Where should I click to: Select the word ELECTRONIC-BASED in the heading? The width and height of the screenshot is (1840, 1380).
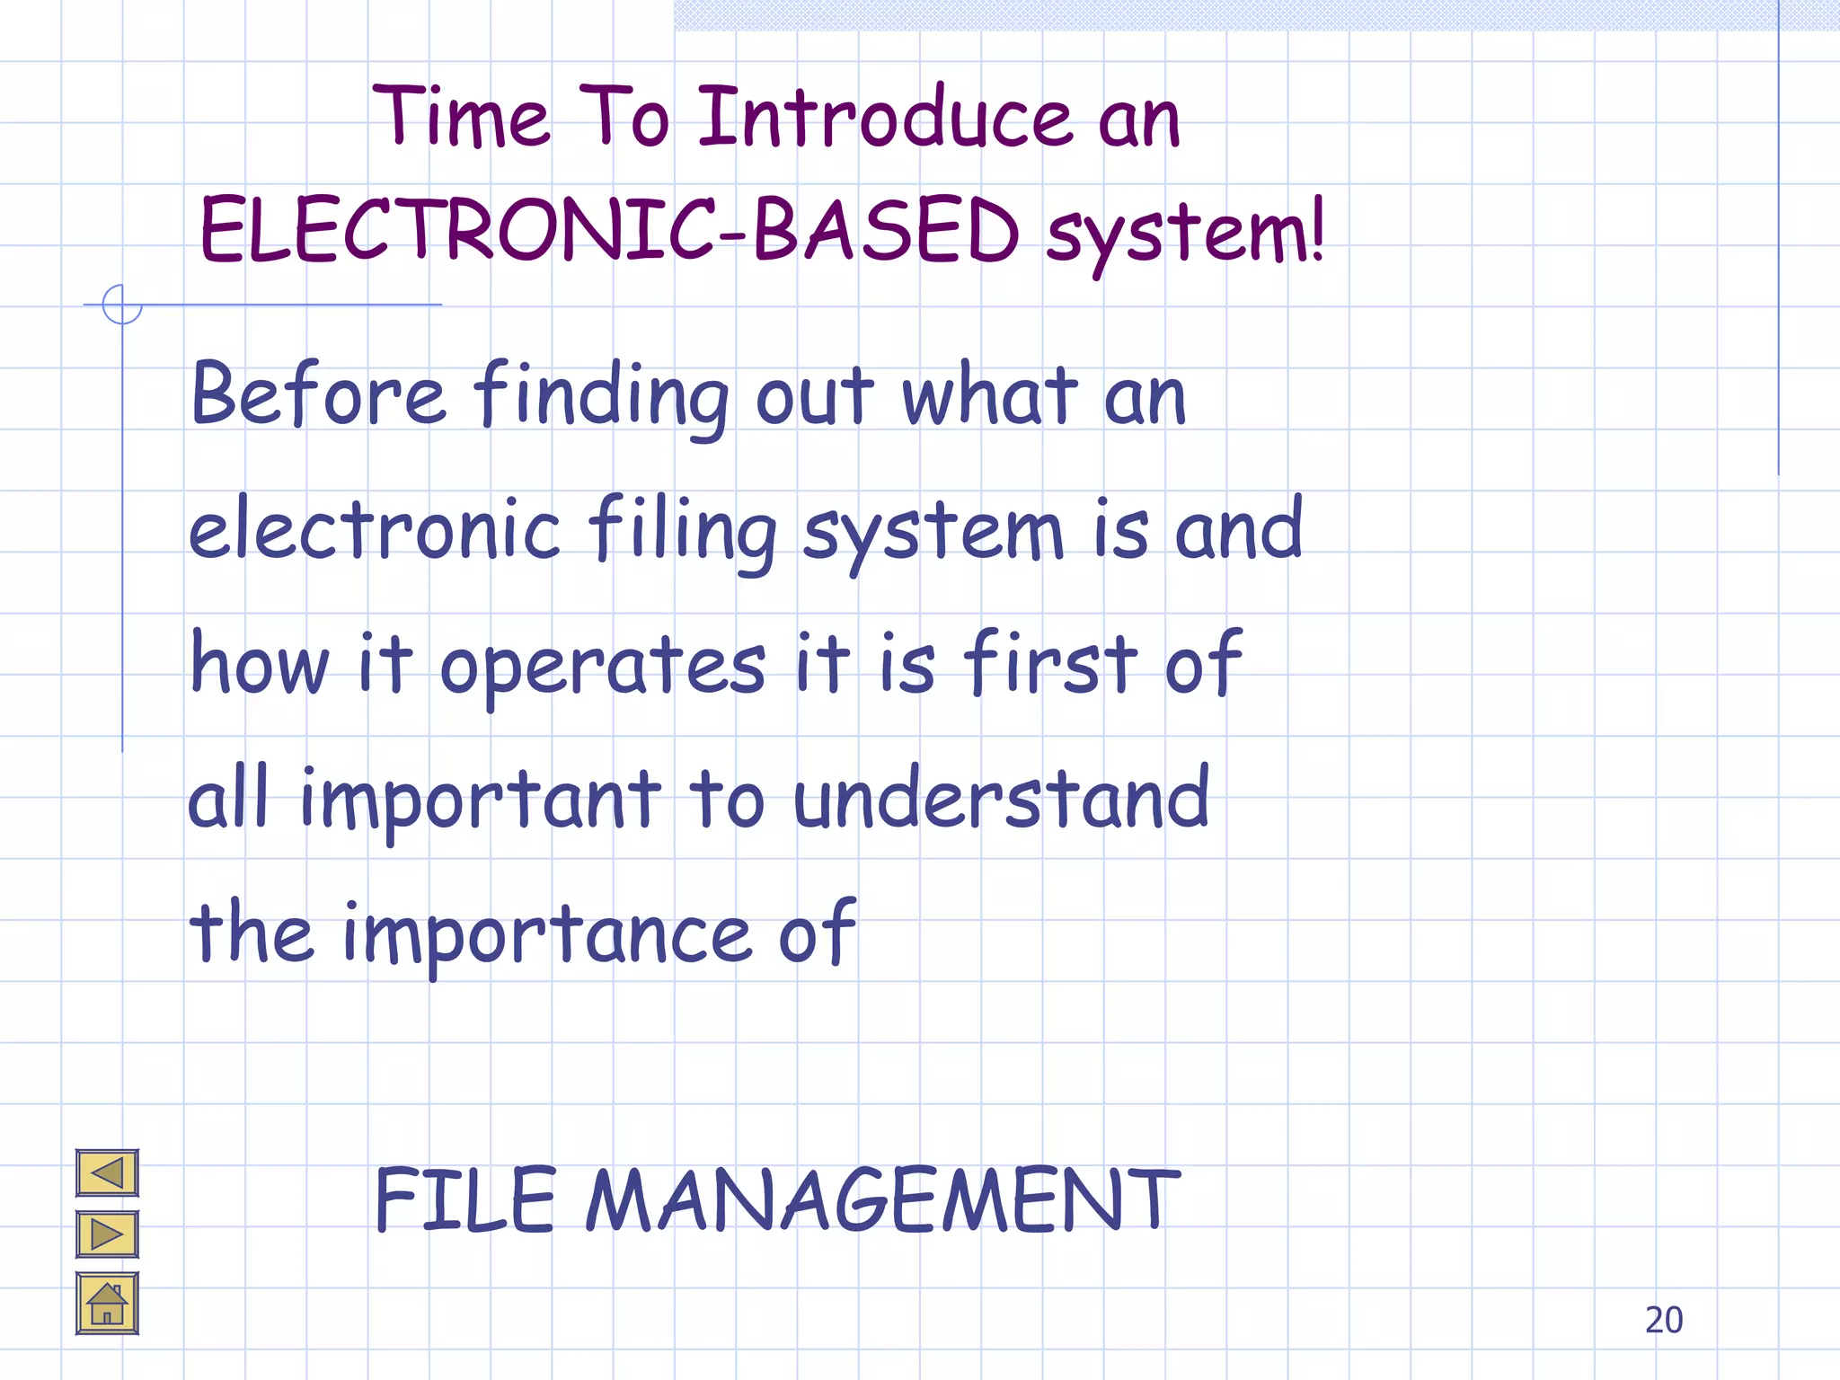(x=609, y=231)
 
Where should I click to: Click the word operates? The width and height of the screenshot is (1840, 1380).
(x=602, y=667)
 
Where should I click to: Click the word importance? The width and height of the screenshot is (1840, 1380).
(x=547, y=934)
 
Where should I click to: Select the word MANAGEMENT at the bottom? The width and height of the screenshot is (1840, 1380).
(x=882, y=1199)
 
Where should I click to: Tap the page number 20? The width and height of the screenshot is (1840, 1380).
(x=1664, y=1320)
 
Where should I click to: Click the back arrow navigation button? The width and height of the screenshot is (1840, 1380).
(x=107, y=1172)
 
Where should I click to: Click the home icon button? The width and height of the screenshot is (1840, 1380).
(x=107, y=1304)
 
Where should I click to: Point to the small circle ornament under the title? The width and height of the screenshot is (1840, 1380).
(x=122, y=305)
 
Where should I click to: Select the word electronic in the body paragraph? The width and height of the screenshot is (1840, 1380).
(x=375, y=530)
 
